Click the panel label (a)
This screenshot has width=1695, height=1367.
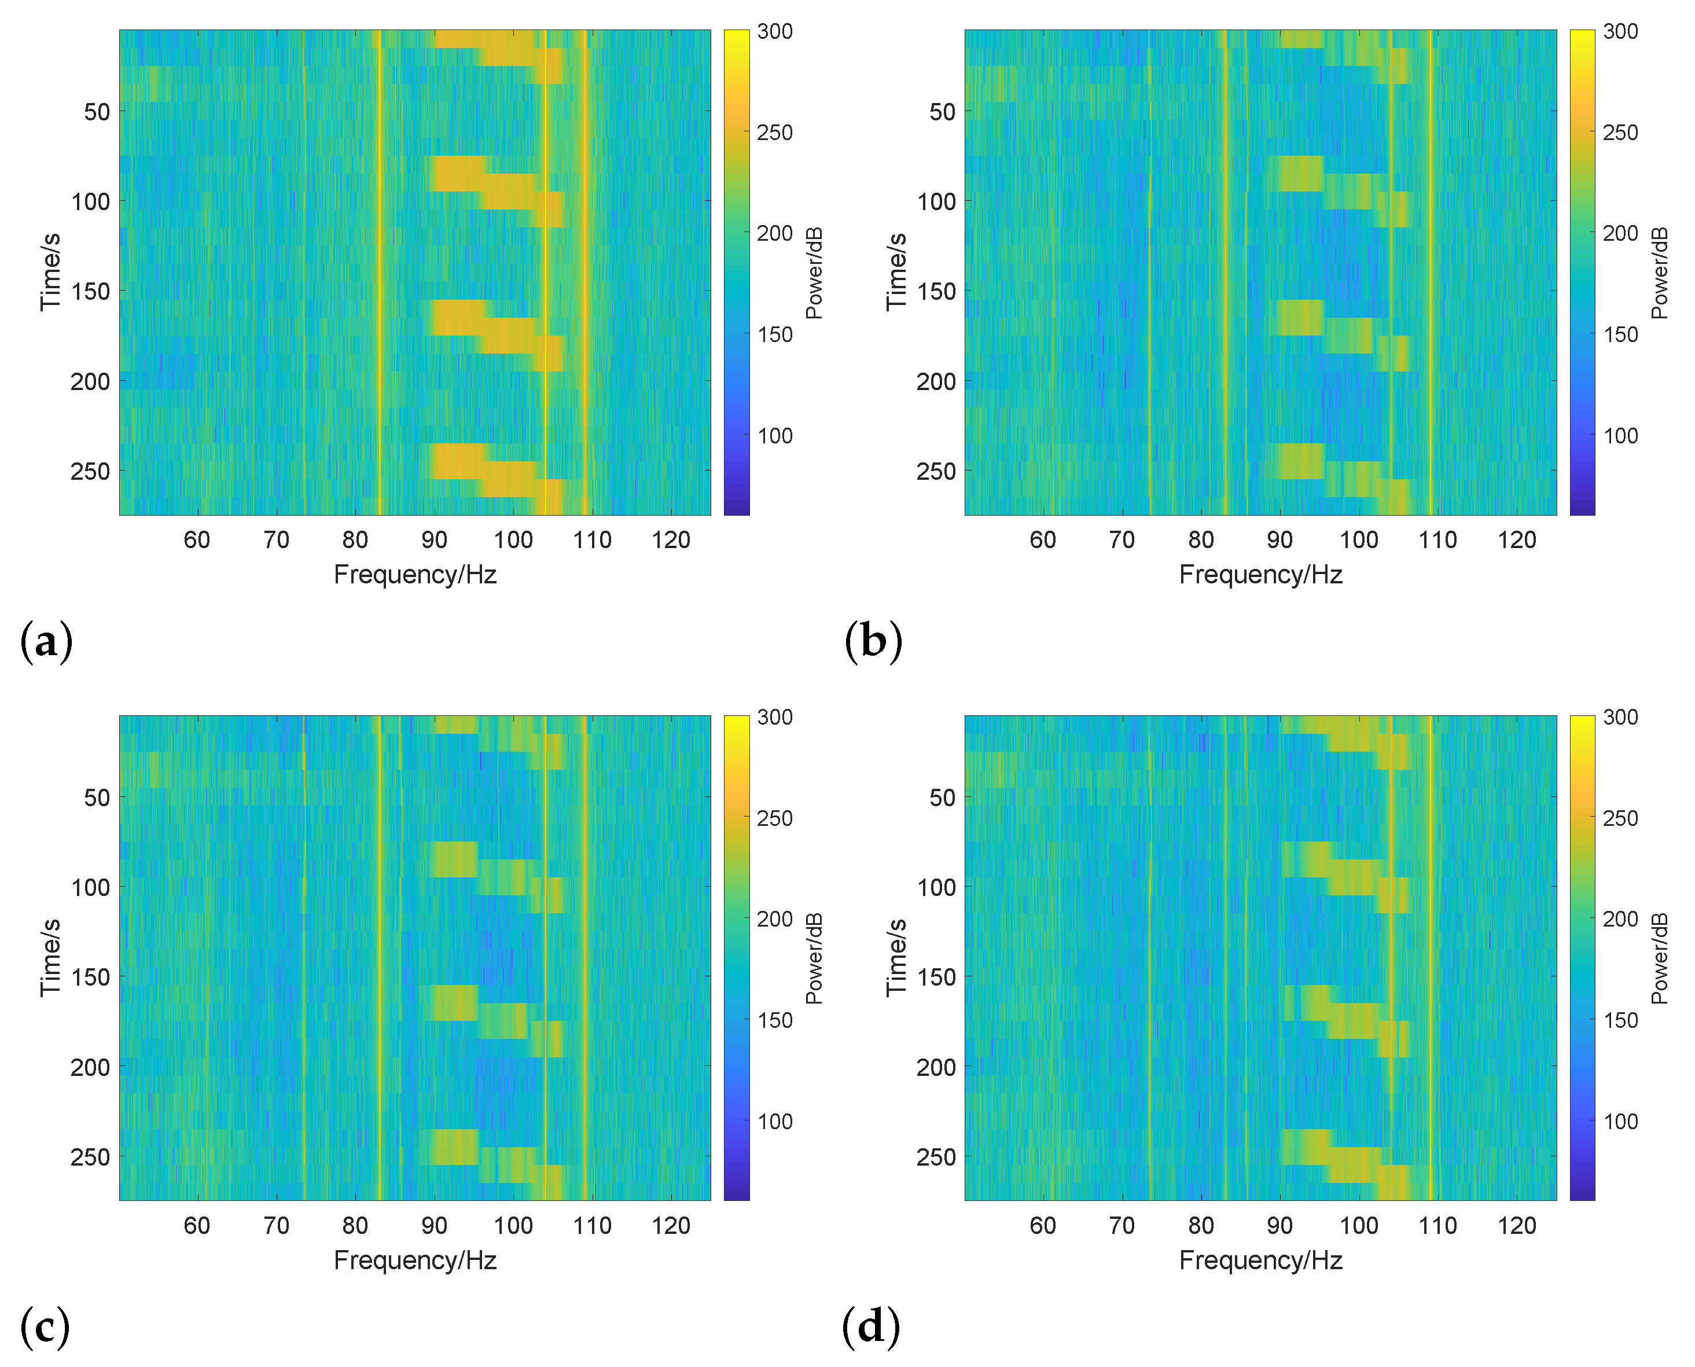pyautogui.click(x=46, y=641)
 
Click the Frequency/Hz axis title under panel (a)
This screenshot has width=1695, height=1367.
pyautogui.click(x=415, y=575)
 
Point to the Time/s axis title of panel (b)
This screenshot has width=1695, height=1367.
pyautogui.click(x=896, y=271)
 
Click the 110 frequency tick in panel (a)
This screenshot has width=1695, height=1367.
pyautogui.click(x=592, y=540)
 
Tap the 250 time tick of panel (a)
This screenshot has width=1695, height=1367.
pyautogui.click(x=90, y=472)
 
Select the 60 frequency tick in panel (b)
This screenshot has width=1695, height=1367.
pyautogui.click(x=1042, y=540)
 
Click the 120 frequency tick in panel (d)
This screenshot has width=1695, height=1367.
pyautogui.click(x=1517, y=1226)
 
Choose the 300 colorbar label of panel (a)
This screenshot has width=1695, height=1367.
pyautogui.click(x=775, y=31)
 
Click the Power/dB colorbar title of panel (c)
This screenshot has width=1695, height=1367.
pyautogui.click(x=814, y=958)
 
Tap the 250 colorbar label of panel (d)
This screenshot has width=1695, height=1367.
pyautogui.click(x=1620, y=819)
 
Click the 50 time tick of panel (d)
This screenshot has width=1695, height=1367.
pyautogui.click(x=942, y=798)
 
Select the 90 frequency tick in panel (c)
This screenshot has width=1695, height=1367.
pyautogui.click(x=434, y=1226)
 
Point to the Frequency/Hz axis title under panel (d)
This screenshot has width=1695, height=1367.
pyautogui.click(x=1260, y=1261)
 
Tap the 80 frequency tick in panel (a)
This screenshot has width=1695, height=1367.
pyautogui.click(x=355, y=540)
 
